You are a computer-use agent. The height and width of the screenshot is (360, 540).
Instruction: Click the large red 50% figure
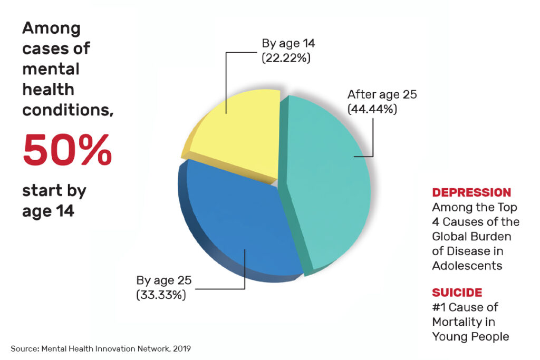coord(67,150)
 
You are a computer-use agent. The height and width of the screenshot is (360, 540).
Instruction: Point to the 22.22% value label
coord(286,58)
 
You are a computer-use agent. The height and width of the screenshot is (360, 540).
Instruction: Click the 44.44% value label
coord(372,109)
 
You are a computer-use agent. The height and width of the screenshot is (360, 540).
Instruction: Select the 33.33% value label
coord(161,295)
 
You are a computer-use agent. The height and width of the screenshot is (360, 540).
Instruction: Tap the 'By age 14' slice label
coord(288,44)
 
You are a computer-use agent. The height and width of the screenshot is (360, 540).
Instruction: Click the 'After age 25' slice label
coord(382,94)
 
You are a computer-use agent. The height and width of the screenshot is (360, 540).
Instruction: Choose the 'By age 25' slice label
coord(163,280)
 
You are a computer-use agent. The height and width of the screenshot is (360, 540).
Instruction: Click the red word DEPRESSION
coord(471,192)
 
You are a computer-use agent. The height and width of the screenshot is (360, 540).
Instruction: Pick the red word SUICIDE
coord(457,293)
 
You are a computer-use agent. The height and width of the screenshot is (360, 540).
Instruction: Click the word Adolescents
coord(467,266)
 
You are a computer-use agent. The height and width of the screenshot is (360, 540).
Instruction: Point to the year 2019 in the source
coord(182,348)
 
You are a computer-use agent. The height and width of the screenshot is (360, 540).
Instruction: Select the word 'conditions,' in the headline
coord(68,110)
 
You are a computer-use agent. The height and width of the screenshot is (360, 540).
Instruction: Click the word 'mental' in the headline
coord(51,69)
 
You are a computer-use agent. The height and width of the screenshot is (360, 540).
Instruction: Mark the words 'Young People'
coord(470,337)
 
